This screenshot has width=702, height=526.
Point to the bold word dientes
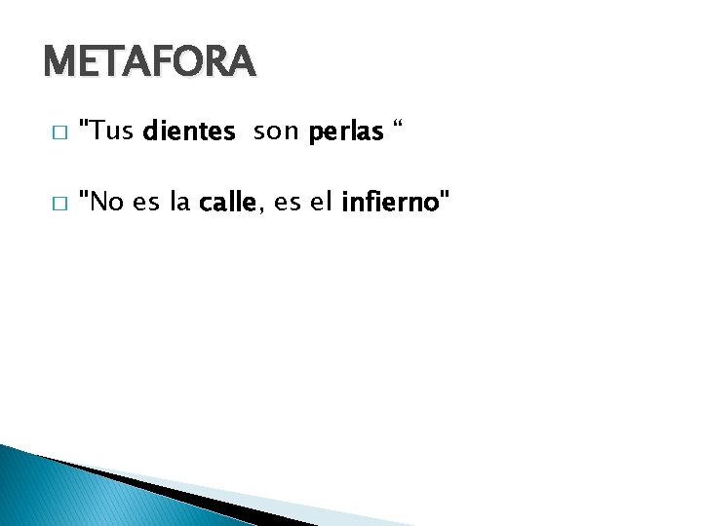(x=189, y=131)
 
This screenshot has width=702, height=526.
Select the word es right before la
(x=146, y=203)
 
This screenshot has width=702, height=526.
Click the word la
(x=179, y=203)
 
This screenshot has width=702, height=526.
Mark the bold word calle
(x=226, y=203)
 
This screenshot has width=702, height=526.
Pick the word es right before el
(x=288, y=203)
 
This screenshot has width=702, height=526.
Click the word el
(x=321, y=203)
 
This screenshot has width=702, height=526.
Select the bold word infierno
(x=390, y=203)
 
